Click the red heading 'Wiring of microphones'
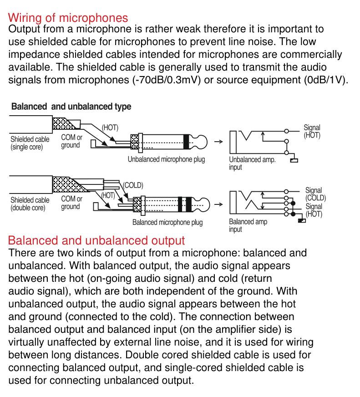(68, 18)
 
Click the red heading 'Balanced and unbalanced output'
(96, 240)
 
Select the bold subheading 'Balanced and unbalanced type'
(71, 107)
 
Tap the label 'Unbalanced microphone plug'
(166, 159)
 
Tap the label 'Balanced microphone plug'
(167, 222)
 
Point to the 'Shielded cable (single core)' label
(30, 143)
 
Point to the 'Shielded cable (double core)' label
(30, 204)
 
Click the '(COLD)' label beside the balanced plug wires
(133, 185)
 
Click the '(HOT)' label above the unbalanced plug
(110, 127)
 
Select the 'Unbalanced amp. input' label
(252, 163)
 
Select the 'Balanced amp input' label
(248, 225)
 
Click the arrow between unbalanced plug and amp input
(218, 142)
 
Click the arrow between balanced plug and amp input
(218, 204)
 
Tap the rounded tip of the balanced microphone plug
(204, 204)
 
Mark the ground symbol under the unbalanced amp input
(294, 160)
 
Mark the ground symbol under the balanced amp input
(302, 220)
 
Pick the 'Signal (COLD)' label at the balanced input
(315, 194)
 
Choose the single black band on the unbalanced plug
(186, 142)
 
